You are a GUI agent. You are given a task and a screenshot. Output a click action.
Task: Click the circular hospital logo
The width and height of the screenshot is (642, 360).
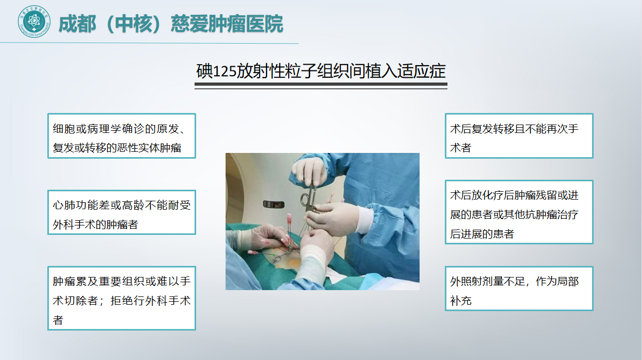(x=34, y=22)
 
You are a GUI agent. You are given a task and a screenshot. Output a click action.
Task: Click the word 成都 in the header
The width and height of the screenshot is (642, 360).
(x=77, y=24)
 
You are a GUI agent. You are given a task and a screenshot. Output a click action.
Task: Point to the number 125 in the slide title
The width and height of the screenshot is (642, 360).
(x=225, y=71)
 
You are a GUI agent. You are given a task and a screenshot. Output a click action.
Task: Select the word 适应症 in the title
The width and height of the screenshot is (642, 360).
(x=421, y=71)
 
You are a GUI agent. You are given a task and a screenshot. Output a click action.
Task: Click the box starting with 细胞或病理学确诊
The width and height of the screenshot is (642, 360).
(x=121, y=136)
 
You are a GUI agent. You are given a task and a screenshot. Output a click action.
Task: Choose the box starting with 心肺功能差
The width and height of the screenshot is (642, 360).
(x=121, y=212)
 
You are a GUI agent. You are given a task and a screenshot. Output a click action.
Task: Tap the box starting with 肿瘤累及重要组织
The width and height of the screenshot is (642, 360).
(x=121, y=298)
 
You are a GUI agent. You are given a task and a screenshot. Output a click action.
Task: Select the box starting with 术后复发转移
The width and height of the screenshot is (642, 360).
(x=519, y=136)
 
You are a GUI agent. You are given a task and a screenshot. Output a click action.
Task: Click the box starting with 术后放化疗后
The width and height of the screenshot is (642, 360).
(x=519, y=212)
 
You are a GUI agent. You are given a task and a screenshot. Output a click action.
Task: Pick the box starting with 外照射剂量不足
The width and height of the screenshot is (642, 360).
(x=519, y=289)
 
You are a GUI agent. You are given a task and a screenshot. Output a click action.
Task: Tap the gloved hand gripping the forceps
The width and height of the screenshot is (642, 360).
(x=309, y=171)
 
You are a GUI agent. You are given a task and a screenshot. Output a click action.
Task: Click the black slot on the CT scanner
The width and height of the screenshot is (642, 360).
(x=274, y=204)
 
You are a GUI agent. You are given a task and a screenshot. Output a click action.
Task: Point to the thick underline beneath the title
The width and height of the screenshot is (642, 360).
(x=321, y=84)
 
